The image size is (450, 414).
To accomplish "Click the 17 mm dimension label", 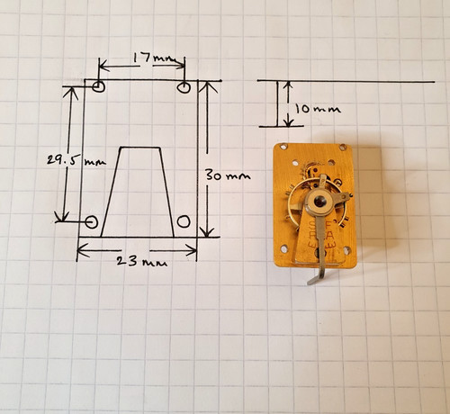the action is coord(155,58).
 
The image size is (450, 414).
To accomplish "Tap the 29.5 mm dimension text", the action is coord(76,160).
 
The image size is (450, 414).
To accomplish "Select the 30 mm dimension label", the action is coord(228,175).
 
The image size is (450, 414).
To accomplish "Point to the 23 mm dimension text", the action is coord(141,262).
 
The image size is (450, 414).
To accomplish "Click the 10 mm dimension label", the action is coord(318,109).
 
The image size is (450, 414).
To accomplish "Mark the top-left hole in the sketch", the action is coord(99,86).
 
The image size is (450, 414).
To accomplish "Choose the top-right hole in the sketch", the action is coord(184,87).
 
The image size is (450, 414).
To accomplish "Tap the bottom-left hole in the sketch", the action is coord(92,222).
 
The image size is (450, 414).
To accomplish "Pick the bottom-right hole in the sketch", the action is coord(184,221).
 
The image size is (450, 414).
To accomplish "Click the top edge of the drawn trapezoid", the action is coord(140,148).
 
